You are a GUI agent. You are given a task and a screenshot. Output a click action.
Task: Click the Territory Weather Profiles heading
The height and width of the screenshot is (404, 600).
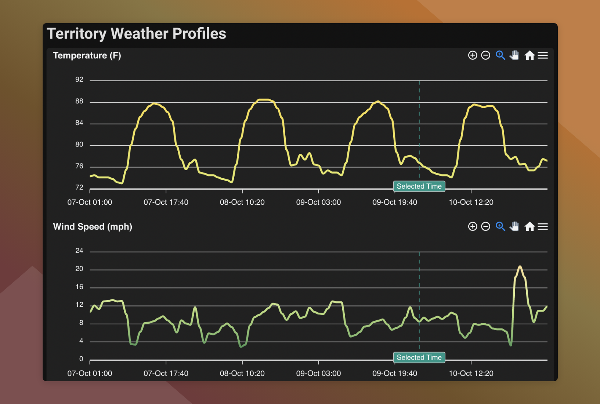136,34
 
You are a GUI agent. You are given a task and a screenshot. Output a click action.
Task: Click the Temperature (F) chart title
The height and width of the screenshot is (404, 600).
87,55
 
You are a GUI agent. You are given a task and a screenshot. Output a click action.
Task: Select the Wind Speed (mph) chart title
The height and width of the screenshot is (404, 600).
93,227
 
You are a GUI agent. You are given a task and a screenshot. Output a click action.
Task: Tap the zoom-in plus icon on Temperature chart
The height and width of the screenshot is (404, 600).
473,55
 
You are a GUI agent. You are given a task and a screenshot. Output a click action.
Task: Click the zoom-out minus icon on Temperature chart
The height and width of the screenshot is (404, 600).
485,55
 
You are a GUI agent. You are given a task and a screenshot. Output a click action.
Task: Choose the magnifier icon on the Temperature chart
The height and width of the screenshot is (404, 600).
500,55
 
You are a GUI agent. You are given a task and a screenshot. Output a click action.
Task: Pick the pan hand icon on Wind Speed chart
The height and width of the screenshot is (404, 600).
514,226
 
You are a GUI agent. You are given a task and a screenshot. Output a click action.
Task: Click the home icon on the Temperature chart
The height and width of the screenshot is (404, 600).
529,55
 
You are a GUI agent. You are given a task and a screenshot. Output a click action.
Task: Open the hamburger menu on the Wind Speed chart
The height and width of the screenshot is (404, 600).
543,227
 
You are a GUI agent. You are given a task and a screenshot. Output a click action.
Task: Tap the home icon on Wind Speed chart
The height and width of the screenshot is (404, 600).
529,227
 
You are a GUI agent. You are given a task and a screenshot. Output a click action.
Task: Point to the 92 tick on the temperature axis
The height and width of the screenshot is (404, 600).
79,80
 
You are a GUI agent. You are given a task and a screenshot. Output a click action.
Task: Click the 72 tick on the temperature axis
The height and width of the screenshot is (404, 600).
79,188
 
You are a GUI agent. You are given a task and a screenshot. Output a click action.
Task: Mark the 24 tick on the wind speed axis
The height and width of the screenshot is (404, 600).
79,251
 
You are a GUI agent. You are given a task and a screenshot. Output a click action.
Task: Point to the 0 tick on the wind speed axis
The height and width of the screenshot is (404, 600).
81,359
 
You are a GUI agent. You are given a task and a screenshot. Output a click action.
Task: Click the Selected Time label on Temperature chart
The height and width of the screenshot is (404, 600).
419,186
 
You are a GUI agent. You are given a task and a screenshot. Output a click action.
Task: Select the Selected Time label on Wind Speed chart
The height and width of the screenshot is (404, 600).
419,357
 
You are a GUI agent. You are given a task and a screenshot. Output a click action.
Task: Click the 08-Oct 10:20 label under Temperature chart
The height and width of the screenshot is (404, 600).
242,202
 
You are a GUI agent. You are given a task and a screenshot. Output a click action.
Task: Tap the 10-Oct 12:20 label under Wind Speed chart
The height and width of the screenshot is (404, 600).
471,374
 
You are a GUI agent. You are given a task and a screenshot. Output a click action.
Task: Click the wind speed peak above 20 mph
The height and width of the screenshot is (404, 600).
520,267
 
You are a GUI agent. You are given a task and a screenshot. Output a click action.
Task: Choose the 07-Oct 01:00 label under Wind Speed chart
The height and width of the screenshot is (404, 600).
90,374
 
